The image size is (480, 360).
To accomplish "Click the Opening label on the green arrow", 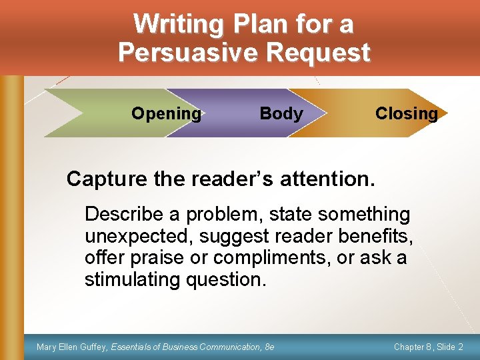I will pyautogui.click(x=166, y=113).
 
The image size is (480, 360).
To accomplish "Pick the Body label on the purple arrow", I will pyautogui.click(x=281, y=113).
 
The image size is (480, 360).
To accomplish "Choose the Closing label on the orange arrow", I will pyautogui.click(x=407, y=113).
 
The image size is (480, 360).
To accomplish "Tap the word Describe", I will pyautogui.click(x=124, y=215).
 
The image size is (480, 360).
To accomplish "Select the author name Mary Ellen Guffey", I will pyautogui.click(x=72, y=347).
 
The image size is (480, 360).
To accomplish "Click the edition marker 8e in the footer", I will pyautogui.click(x=269, y=347).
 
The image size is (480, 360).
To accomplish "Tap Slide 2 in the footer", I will pyautogui.click(x=453, y=347).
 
